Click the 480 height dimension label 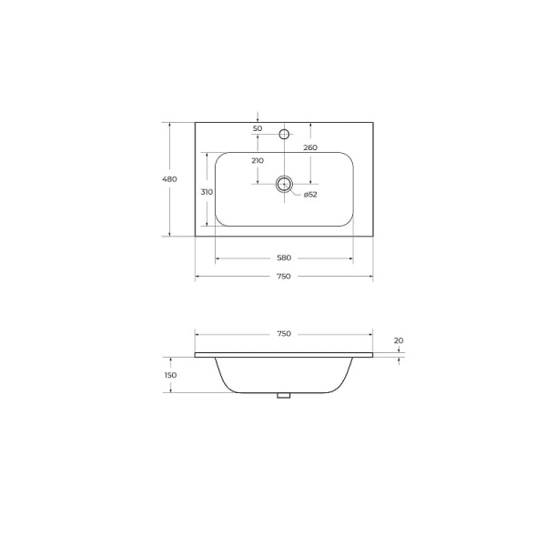click(x=169, y=179)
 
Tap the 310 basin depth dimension click(x=207, y=192)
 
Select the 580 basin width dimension click(x=284, y=258)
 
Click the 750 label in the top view click(x=284, y=276)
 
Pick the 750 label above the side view click(x=284, y=334)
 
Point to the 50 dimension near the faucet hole click(x=258, y=128)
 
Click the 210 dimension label click(x=258, y=160)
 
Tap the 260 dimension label click(x=310, y=147)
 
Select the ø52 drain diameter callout click(x=310, y=195)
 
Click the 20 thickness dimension click(x=399, y=340)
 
